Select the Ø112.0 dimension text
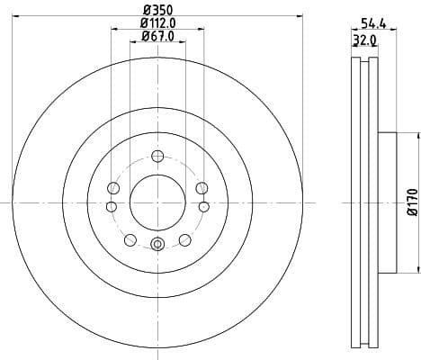point(157,22)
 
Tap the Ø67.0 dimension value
point(157,36)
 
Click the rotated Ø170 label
point(413,202)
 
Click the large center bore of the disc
point(157,199)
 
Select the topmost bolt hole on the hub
point(157,154)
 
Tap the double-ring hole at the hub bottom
point(157,243)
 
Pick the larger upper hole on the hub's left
point(113,188)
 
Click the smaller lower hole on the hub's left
point(112,207)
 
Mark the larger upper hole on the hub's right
point(201,188)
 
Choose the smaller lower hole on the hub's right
point(203,207)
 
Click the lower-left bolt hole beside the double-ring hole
point(130,238)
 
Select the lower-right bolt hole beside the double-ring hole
point(185,238)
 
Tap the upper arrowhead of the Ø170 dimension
point(417,136)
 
